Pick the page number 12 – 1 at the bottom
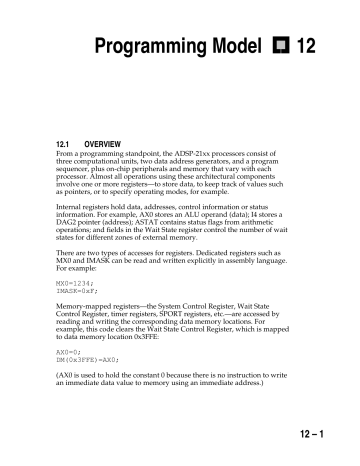coord(320,438)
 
